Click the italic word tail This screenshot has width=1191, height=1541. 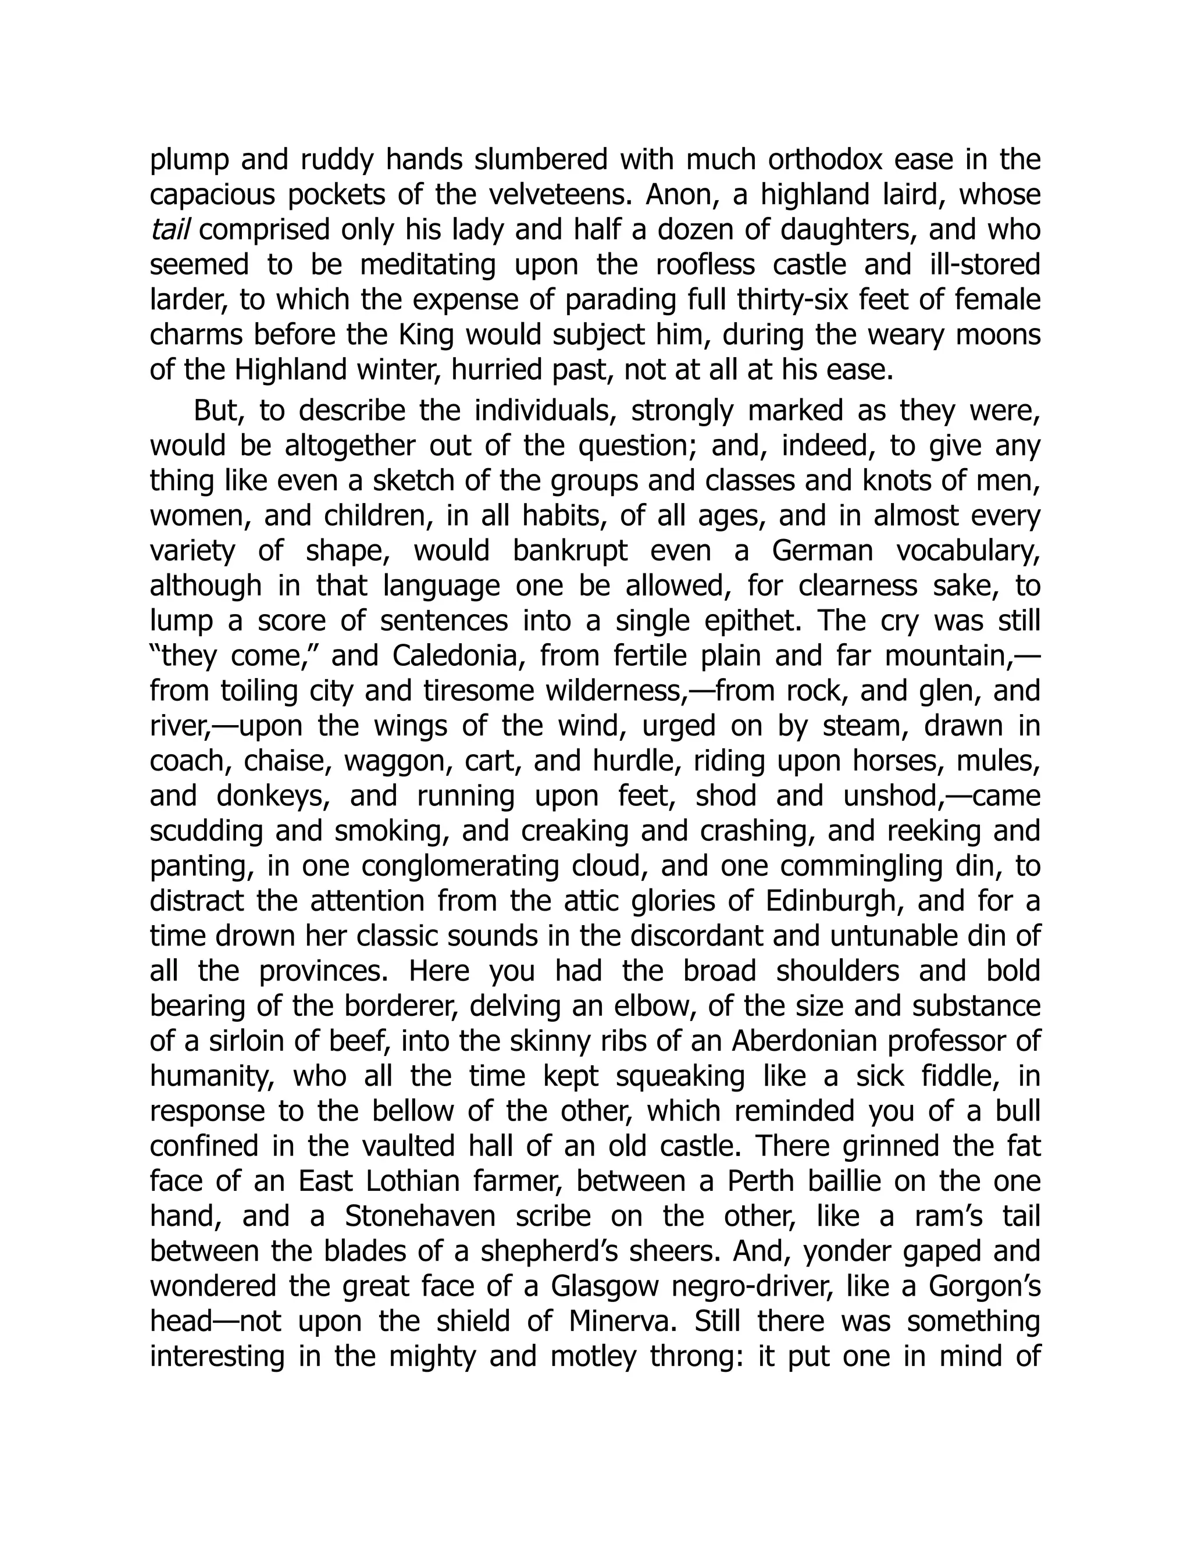pos(169,230)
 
